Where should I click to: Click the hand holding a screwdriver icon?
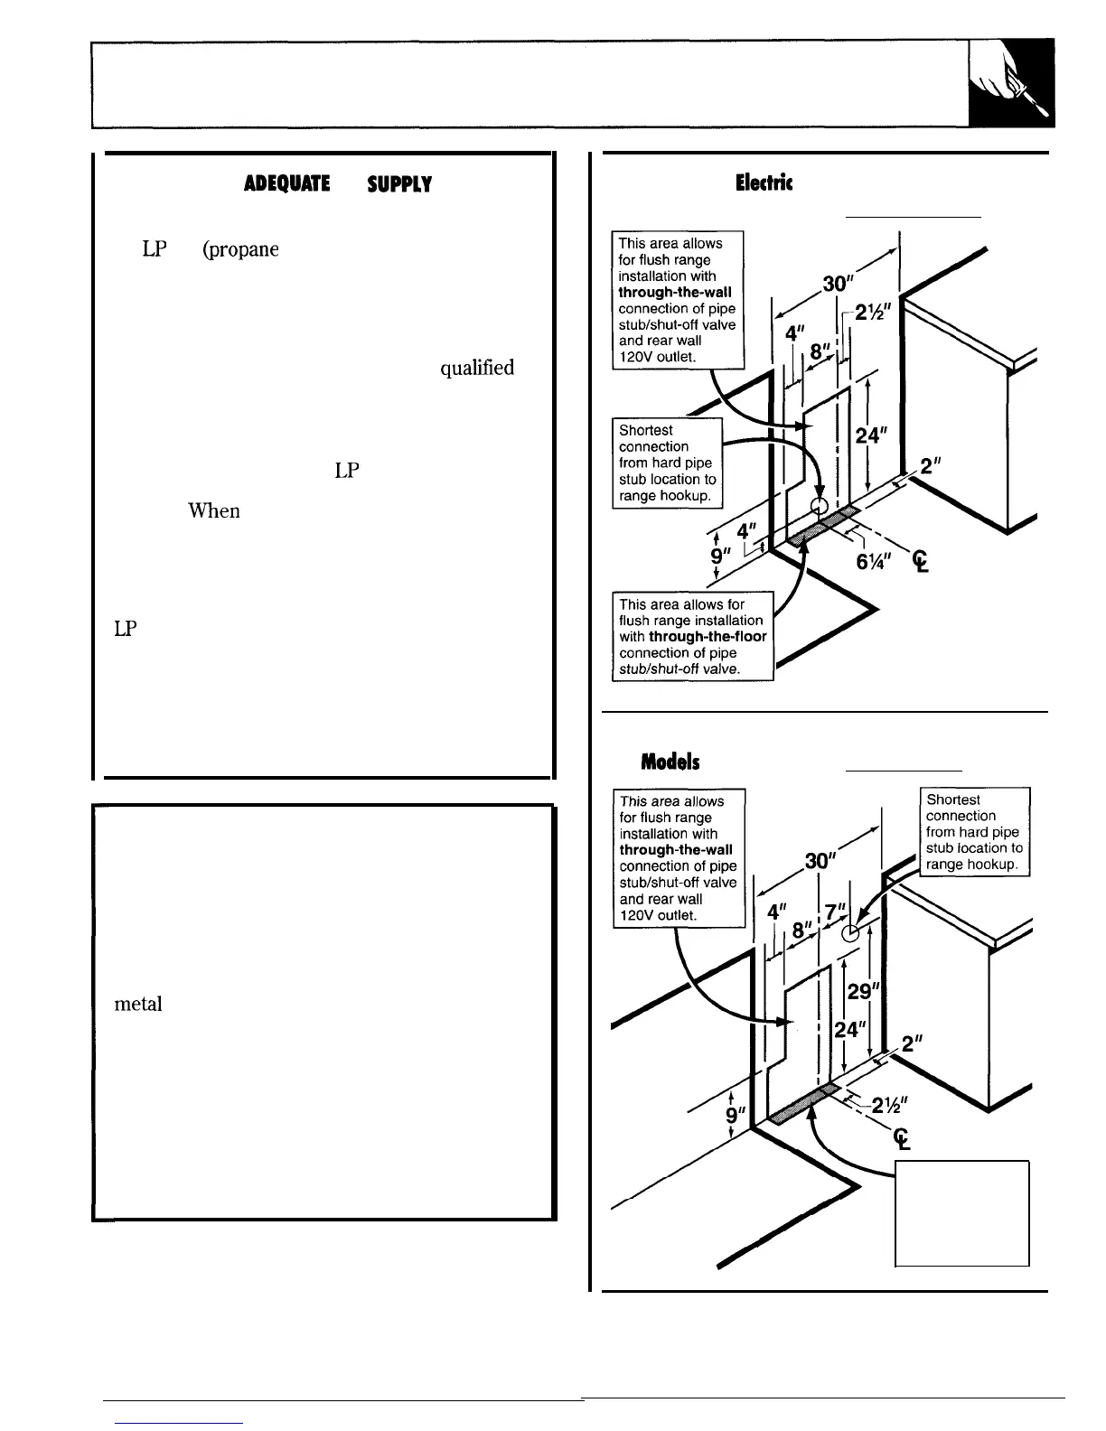(1010, 83)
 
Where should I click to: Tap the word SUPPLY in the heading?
(398, 184)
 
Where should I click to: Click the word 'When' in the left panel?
(213, 511)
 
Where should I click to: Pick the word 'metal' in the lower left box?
(138, 1004)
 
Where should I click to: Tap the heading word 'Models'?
(670, 762)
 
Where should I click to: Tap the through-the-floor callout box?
(693, 636)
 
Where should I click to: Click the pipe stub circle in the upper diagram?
(820, 505)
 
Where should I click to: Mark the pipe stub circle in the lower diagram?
(848, 933)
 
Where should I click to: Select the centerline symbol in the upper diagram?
(920, 563)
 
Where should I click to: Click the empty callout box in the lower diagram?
(961, 1213)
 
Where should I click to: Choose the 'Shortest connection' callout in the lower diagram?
(974, 832)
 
